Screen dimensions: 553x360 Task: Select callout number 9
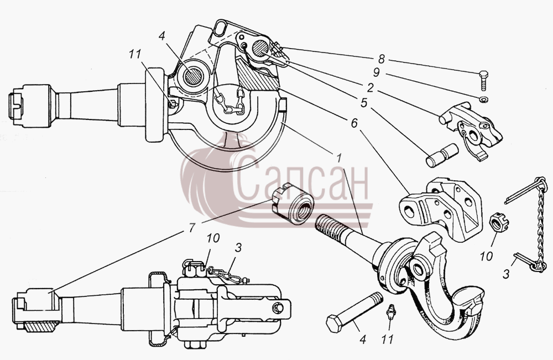[x=377, y=72]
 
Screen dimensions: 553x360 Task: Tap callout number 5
[x=364, y=103]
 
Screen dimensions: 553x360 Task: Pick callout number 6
[x=354, y=123]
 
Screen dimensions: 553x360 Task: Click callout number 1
[x=339, y=158]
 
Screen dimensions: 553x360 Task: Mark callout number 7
[x=191, y=228]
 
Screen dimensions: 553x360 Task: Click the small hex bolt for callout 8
[x=484, y=80]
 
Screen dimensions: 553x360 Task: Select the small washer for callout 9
[x=484, y=100]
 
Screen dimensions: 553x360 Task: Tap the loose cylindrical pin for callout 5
[x=442, y=155]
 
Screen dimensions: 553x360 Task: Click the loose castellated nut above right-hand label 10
[x=499, y=223]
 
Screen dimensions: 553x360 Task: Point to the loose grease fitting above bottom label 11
[x=390, y=312]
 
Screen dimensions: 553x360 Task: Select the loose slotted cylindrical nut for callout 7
[x=293, y=204]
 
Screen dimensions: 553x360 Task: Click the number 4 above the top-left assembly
[x=162, y=36]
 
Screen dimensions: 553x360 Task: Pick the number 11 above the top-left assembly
[x=135, y=54]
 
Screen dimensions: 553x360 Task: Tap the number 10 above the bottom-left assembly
[x=213, y=238]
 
